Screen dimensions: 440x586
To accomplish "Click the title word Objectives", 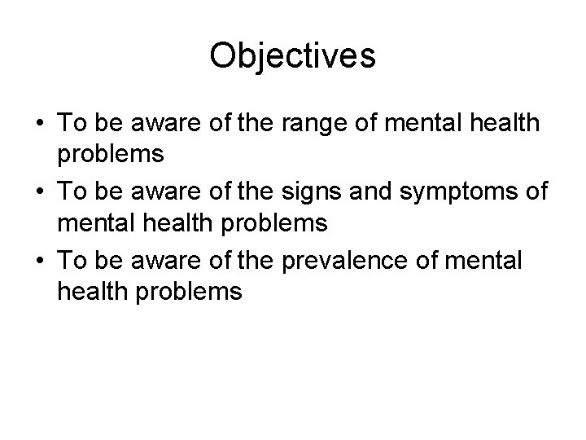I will pyautogui.click(x=292, y=56).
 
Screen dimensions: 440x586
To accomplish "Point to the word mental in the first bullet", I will pyautogui.click(x=425, y=124).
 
